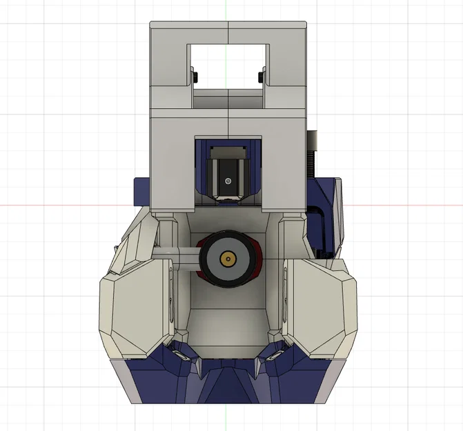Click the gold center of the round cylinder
(226, 259)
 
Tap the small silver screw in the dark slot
(228, 181)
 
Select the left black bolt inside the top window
(196, 74)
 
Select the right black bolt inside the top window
(260, 74)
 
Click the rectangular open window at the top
(228, 66)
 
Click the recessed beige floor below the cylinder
(228, 324)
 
